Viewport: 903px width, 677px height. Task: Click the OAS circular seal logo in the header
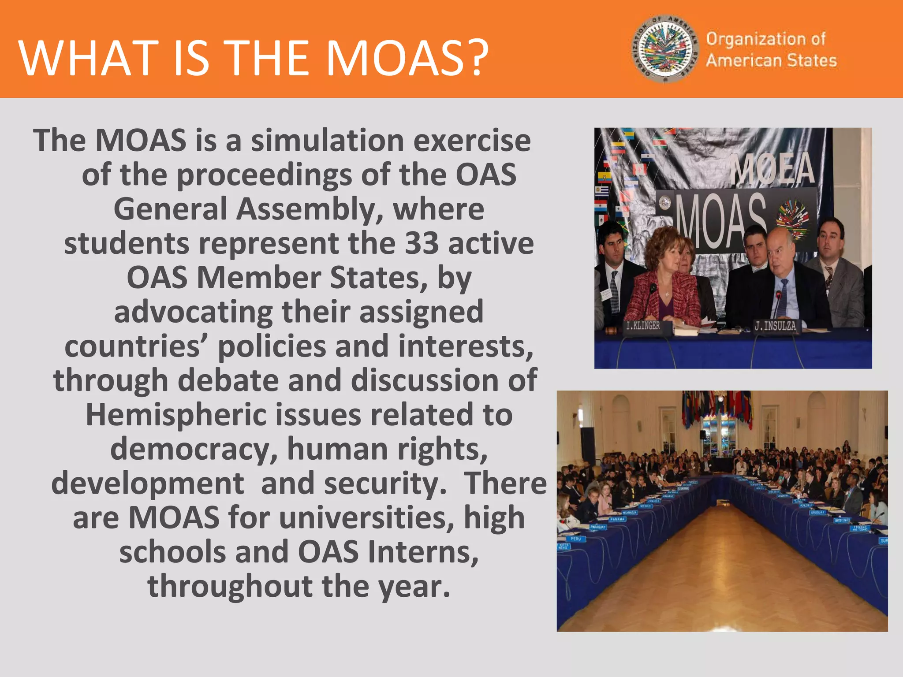coord(666,49)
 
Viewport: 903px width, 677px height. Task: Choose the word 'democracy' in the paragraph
coord(194,449)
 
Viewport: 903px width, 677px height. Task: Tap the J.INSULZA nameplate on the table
coord(775,326)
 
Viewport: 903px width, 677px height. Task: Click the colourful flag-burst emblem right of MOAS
coord(792,219)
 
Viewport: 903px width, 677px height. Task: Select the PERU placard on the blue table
coord(575,539)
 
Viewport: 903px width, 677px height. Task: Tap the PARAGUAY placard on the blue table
coord(597,527)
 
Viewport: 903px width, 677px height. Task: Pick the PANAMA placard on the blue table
coord(617,519)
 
